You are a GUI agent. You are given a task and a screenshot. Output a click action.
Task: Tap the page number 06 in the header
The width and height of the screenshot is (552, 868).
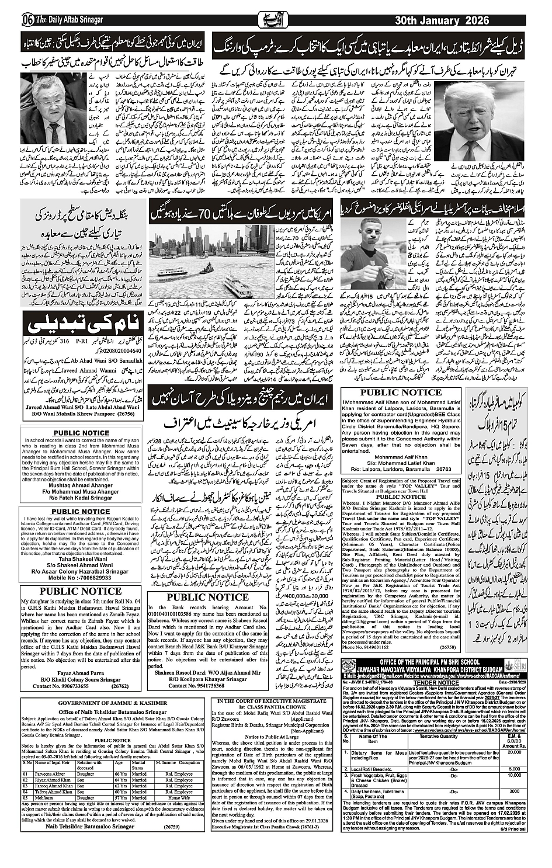27,20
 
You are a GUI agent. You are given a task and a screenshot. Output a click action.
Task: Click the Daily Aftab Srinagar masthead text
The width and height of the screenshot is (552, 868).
69,20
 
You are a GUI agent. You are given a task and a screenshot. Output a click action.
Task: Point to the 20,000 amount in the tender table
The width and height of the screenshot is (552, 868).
514,752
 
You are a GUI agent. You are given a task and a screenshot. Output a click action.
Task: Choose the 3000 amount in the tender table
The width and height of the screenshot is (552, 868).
514,791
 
